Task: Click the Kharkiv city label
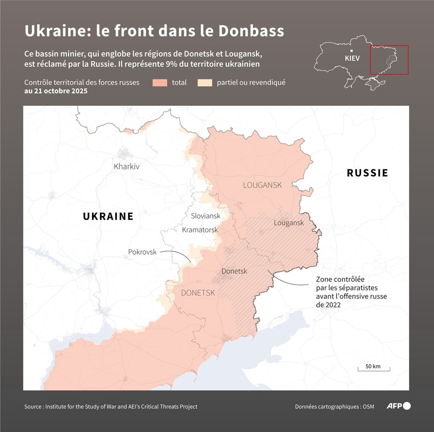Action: pos(126,166)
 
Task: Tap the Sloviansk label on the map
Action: pos(205,216)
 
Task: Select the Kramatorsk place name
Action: pos(200,230)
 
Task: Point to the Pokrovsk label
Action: pos(142,252)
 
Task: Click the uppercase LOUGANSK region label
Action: pos(262,185)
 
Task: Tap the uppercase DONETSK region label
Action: pos(198,293)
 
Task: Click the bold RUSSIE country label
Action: pos(367,173)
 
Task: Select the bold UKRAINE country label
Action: pos(108,216)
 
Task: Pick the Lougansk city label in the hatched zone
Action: pos(288,223)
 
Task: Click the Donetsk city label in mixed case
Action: pos(234,271)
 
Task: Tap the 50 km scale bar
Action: pos(373,367)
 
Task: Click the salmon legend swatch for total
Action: pos(160,82)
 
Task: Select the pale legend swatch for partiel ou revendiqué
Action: pos(205,82)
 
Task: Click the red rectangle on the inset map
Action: pos(389,60)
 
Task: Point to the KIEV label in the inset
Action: pos(352,58)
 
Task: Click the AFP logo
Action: pos(399,406)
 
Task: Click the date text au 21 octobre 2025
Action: pos(56,91)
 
